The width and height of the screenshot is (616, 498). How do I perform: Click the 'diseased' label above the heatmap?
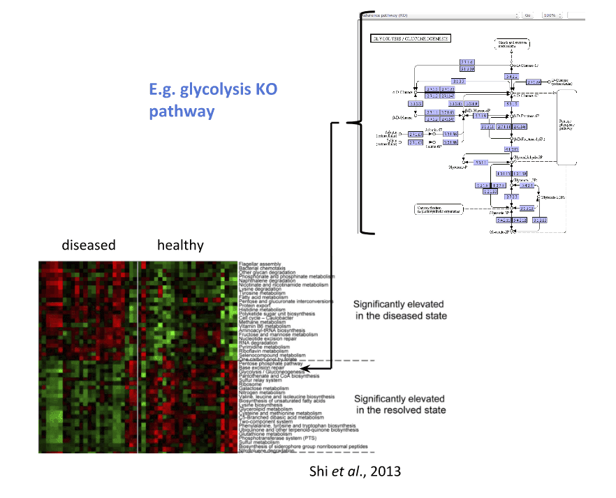[x=88, y=245]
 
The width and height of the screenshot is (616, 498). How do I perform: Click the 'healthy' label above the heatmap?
[x=180, y=245]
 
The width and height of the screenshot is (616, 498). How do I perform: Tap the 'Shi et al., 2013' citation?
[x=355, y=471]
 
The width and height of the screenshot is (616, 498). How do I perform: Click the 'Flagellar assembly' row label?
[x=260, y=264]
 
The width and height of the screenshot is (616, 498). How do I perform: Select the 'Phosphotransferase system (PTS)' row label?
[x=276, y=437]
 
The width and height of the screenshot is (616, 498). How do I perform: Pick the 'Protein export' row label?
[x=255, y=304]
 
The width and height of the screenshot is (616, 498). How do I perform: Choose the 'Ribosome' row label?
[x=250, y=384]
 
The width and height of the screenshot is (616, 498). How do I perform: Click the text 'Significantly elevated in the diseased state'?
[x=399, y=310]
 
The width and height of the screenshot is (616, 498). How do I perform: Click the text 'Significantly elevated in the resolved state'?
[x=399, y=404]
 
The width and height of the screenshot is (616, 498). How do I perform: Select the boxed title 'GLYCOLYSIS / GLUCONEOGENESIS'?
[x=410, y=39]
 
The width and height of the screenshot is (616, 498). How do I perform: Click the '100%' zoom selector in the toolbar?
[x=551, y=14]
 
